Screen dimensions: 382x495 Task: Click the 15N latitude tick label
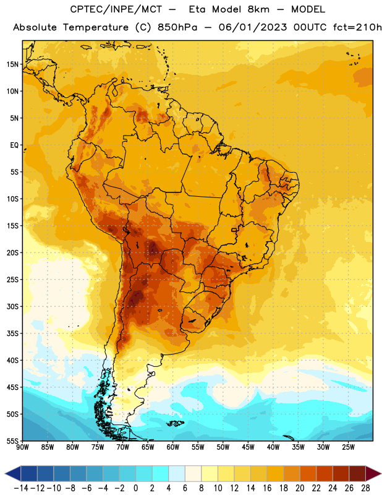pos(12,64)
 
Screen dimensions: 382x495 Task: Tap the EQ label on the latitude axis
pos(14,145)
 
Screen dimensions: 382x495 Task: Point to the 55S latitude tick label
pos(12,441)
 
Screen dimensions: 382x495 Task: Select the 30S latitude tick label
pos(12,306)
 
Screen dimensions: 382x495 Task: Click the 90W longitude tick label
pos(23,447)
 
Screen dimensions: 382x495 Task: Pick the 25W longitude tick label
pos(348,447)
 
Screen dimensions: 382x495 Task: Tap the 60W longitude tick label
pos(173,447)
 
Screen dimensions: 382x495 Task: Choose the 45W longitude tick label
pos(248,447)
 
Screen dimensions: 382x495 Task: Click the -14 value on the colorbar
pos(21,488)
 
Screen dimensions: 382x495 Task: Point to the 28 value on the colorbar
pos(365,488)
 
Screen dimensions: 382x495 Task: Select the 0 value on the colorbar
pos(135,488)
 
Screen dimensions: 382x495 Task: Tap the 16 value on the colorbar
pos(267,488)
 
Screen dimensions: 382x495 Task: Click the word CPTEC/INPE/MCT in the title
pos(116,9)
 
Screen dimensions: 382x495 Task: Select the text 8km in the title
pos(258,9)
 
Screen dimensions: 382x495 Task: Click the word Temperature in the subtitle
pos(96,27)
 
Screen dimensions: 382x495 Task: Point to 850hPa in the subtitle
pos(177,27)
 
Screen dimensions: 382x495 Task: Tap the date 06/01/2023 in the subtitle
pos(253,27)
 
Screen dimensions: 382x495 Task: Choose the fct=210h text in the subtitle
pos(357,27)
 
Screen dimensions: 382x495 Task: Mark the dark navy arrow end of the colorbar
pos(13,473)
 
